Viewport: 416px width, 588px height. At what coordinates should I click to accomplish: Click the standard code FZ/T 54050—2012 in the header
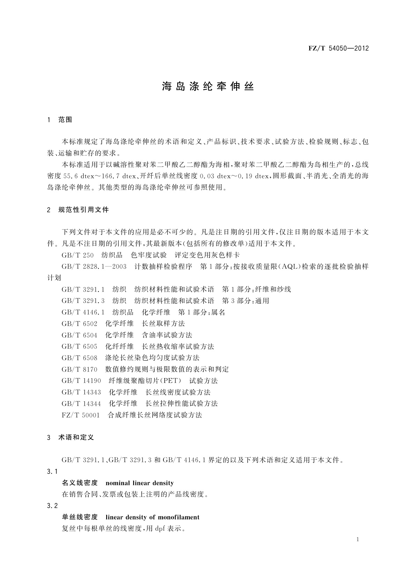tap(338, 49)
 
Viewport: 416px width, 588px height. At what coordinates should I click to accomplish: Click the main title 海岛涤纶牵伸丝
tap(208, 87)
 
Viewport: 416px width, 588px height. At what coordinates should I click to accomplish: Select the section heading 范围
tap(65, 120)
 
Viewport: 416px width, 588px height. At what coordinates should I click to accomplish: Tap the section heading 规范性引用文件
tap(84, 210)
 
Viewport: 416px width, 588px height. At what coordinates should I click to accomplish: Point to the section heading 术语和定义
tap(76, 438)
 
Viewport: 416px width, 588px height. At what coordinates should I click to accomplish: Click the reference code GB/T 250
tap(78, 255)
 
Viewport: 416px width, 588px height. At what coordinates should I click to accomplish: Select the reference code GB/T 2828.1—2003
tap(94, 267)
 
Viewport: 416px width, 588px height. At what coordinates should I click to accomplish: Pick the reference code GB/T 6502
tap(79, 324)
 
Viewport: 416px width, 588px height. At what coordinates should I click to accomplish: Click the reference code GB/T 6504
tap(79, 335)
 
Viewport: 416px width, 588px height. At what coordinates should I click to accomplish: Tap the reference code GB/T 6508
tap(79, 358)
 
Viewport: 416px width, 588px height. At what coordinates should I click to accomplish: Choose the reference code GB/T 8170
tap(79, 369)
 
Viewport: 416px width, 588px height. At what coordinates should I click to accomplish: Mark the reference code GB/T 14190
tap(81, 381)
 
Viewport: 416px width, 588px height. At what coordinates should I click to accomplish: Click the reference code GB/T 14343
tap(81, 392)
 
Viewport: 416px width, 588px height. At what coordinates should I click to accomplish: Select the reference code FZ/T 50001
tap(80, 415)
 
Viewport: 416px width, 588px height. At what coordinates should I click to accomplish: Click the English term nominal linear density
tap(139, 483)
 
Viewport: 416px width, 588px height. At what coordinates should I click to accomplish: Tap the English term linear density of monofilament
tap(152, 517)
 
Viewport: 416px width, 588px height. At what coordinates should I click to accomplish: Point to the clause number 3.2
tap(52, 506)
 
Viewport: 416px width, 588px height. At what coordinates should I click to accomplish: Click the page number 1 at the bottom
tap(358, 539)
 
